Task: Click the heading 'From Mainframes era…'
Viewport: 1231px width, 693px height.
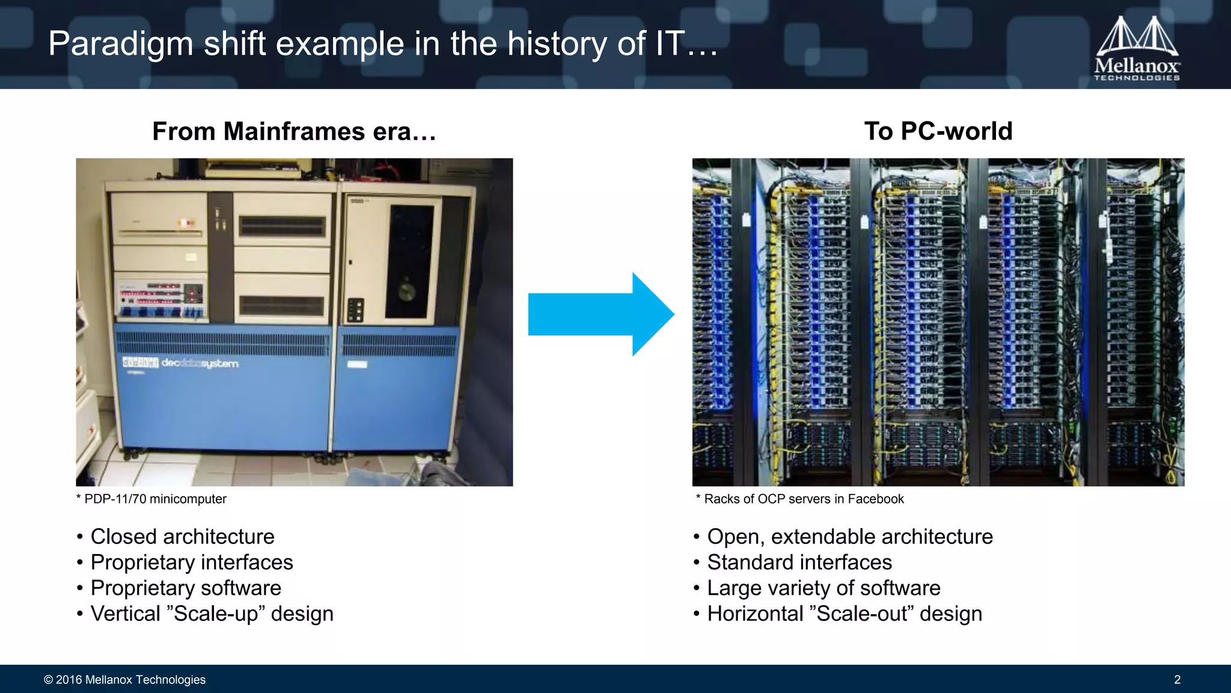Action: (294, 131)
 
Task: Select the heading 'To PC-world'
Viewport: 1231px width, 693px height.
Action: (938, 131)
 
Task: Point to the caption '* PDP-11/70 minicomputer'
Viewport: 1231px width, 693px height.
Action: (151, 499)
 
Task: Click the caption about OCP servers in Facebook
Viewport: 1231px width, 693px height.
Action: (800, 499)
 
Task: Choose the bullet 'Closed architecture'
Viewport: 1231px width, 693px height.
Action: (182, 537)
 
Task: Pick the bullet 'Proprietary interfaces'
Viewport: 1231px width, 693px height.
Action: (191, 562)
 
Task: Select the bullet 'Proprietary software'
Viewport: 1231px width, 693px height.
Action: (185, 588)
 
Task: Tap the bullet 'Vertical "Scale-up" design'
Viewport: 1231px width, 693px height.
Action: (212, 614)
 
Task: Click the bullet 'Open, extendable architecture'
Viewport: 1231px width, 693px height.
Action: (849, 537)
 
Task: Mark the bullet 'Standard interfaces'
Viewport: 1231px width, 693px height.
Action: (799, 562)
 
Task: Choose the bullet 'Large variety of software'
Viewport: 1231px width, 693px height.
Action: (823, 588)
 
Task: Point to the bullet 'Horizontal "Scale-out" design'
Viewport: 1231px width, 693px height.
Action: (845, 614)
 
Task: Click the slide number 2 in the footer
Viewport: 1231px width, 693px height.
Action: (1177, 680)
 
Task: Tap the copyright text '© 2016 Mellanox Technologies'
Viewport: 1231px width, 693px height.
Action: (124, 680)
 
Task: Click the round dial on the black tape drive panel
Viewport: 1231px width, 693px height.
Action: (407, 292)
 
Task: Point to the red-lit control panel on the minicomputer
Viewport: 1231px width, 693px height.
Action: (160, 294)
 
